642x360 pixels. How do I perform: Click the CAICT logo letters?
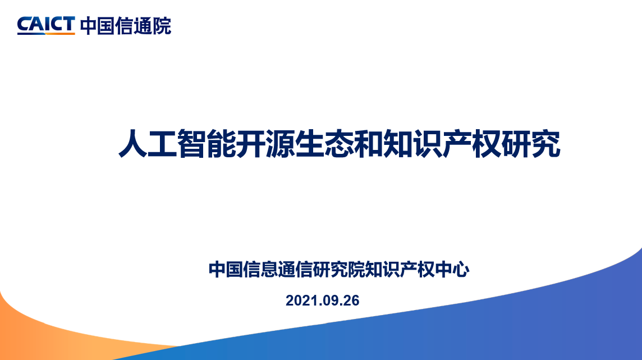click(x=46, y=25)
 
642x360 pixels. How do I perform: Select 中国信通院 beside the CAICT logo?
click(x=126, y=26)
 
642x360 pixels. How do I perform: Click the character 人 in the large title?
click(x=133, y=144)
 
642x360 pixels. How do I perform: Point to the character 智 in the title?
click(x=192, y=144)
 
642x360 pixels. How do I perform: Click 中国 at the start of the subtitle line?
click(x=226, y=269)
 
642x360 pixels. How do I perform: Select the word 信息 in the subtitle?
click(x=260, y=269)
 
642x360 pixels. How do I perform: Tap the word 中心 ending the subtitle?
click(x=452, y=269)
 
